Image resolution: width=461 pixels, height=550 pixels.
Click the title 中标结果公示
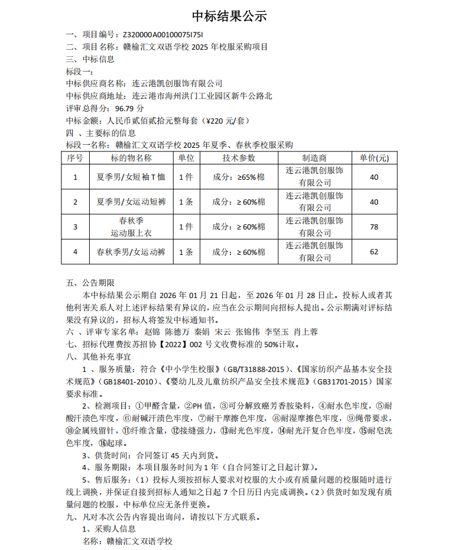tap(230, 16)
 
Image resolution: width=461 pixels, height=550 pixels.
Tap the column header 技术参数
tap(239, 158)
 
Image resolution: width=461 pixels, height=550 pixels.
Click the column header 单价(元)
tap(374, 158)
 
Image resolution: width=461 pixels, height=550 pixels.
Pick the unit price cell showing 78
tap(374, 227)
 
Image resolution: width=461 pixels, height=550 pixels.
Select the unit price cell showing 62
tap(374, 252)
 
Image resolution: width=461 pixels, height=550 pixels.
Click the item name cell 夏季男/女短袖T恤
tap(131, 177)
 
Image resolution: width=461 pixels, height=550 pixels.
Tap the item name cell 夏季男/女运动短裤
tap(131, 202)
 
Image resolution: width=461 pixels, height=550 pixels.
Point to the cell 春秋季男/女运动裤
tap(131, 252)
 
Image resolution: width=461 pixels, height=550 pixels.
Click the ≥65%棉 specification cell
tap(239, 177)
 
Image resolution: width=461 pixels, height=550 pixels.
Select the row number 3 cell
tap(75, 227)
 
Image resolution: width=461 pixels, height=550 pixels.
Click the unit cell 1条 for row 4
tap(186, 252)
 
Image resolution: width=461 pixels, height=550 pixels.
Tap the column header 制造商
tap(314, 158)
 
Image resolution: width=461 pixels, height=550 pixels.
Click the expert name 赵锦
tap(152, 332)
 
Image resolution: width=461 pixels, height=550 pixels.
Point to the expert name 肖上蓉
tap(306, 332)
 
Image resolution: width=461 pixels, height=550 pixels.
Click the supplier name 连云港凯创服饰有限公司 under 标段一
tap(177, 83)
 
